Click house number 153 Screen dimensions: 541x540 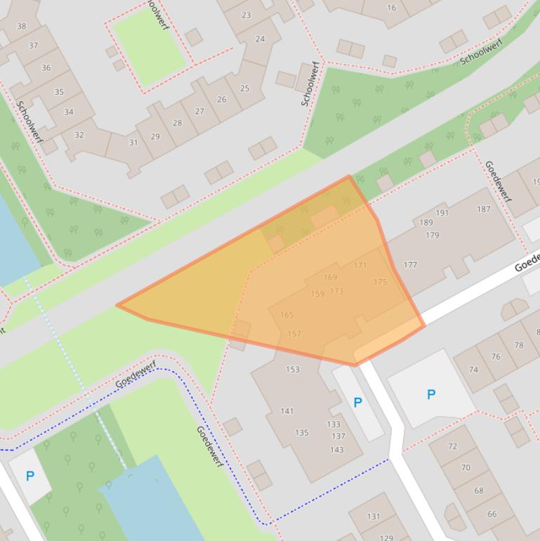coord(292,369)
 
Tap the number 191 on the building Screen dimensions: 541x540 coord(442,213)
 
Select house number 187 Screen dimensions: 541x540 coord(483,209)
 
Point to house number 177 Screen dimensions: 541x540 coord(410,265)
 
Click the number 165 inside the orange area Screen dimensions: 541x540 coord(287,315)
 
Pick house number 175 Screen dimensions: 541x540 coord(380,282)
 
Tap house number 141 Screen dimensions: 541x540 coord(287,411)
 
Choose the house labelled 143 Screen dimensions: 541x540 coord(337,450)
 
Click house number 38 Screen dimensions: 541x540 coord(21,27)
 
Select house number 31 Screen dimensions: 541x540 coord(133,143)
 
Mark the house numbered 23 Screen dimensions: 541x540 coord(246,15)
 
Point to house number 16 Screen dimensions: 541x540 coord(391,8)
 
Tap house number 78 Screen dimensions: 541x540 coord(518,345)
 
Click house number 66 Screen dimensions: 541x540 coord(492,514)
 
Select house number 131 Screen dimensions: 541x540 coord(374,516)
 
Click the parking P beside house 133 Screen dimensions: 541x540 coord(357,403)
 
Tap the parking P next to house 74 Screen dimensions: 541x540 coord(431,394)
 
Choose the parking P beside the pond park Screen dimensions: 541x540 coord(29,476)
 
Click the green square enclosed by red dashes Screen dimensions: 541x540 coord(148,46)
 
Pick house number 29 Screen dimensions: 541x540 coord(154,136)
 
